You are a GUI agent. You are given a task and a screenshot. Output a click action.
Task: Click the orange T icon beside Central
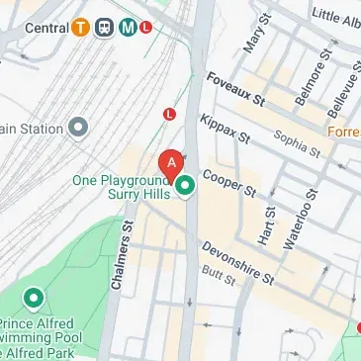[82, 28]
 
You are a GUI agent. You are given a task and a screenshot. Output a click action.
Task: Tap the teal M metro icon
[129, 28]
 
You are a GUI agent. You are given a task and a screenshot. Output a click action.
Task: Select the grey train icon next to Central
[105, 28]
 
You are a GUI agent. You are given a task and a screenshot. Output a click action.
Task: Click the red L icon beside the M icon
[146, 28]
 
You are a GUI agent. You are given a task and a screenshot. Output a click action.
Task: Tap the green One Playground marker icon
[186, 184]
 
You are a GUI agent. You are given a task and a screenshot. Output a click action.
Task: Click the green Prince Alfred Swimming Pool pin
[35, 298]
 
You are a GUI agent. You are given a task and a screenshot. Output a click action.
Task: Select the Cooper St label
[229, 182]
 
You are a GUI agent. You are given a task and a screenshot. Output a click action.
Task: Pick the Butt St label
[217, 280]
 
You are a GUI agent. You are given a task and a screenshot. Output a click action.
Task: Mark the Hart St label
[268, 225]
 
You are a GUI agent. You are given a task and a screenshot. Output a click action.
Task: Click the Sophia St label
[299, 144]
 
